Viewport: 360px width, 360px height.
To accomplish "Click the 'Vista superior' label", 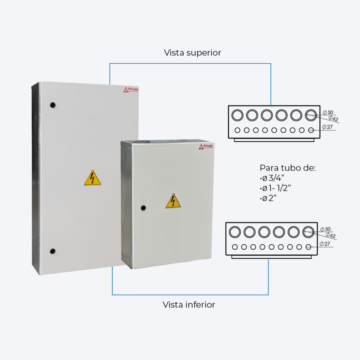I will pyautogui.click(x=192, y=53).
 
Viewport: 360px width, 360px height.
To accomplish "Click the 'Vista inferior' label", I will pyautogui.click(x=189, y=304).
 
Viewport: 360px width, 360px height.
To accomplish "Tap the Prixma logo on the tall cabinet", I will pyautogui.click(x=130, y=90).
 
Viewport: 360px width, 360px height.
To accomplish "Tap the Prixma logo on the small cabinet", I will pyautogui.click(x=206, y=146).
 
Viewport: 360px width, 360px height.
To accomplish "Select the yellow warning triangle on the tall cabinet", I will pyautogui.click(x=92, y=178).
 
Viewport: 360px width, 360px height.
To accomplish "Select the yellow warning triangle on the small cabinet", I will pyautogui.click(x=173, y=201).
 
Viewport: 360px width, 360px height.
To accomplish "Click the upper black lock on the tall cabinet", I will pyautogui.click(x=53, y=105).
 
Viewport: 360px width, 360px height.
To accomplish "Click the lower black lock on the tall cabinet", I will pyautogui.click(x=52, y=251).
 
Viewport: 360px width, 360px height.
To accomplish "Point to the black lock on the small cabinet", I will pyautogui.click(x=143, y=207).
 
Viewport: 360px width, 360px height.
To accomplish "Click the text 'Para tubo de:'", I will pyautogui.click(x=288, y=168).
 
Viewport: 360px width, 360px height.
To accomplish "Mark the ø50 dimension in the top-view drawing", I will pyautogui.click(x=328, y=112).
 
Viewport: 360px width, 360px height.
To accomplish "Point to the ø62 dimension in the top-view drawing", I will pyautogui.click(x=333, y=118).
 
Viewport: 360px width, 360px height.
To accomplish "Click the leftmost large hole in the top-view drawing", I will pyautogui.click(x=237, y=115).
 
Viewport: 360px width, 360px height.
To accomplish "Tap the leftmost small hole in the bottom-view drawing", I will pyautogui.click(x=234, y=247).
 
